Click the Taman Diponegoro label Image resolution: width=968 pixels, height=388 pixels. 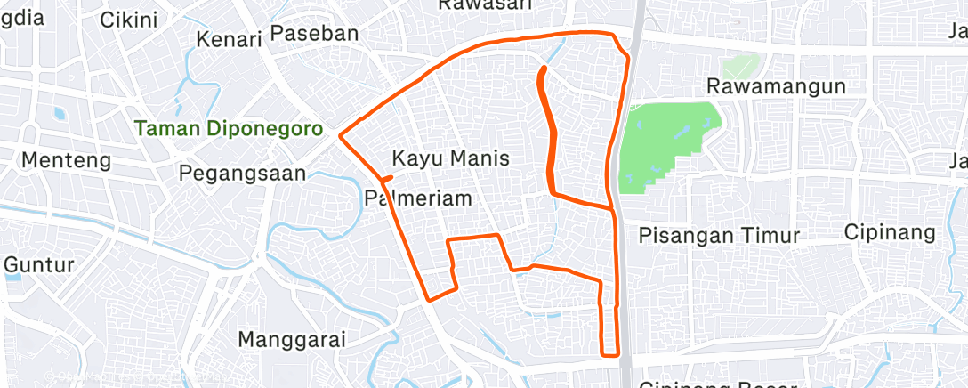pos(229,128)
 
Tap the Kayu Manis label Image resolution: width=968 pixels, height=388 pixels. pos(451,159)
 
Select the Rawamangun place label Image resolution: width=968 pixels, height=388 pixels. pos(775,86)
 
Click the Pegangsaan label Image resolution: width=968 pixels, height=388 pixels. pos(242,173)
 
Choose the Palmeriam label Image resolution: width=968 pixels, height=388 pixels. pos(418,198)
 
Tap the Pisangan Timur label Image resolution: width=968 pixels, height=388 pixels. pos(720,236)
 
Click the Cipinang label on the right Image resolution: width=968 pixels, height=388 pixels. pos(890,233)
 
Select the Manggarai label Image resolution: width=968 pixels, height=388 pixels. pos(292,339)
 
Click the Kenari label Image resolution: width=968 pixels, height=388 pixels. pos(229,40)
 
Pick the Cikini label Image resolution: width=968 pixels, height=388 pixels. pos(130,20)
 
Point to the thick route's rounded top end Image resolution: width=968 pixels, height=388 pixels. pos(542,69)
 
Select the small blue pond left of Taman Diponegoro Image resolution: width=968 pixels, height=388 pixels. pos(59,114)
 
